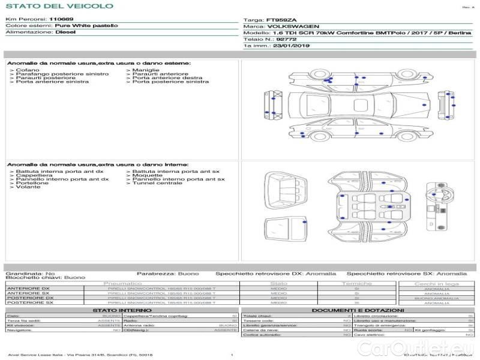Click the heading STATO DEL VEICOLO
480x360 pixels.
[59, 6]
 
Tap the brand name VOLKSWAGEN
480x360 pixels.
[289, 26]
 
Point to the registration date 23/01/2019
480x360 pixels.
[290, 45]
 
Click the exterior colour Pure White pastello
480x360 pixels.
[86, 26]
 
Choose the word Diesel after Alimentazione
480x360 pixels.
[65, 32]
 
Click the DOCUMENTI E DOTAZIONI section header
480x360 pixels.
[358, 310]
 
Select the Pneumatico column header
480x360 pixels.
[123, 283]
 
